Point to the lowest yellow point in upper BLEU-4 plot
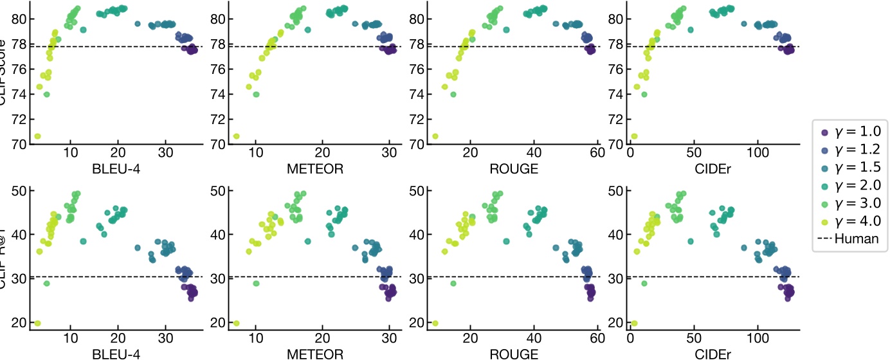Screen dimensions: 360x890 [37, 136]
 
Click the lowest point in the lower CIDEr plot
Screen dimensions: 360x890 [634, 323]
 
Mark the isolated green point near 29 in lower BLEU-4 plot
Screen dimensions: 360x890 [46, 283]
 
